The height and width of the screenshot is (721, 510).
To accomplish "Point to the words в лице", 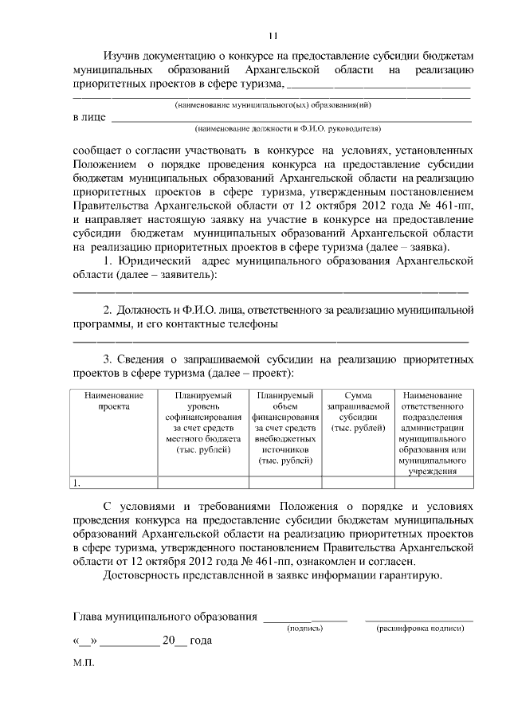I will [x=89, y=118].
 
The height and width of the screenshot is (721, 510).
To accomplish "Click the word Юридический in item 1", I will [x=155, y=261].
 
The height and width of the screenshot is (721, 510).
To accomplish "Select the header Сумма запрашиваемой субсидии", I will [x=357, y=411].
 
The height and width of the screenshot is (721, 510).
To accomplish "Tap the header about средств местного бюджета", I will [x=202, y=422].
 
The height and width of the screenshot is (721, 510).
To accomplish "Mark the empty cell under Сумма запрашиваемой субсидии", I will [x=357, y=482].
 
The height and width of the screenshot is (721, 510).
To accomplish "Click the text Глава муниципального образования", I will [x=165, y=616].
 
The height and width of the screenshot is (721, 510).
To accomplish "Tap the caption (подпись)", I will [x=304, y=629].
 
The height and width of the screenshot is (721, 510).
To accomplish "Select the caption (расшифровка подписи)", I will [x=419, y=629].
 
